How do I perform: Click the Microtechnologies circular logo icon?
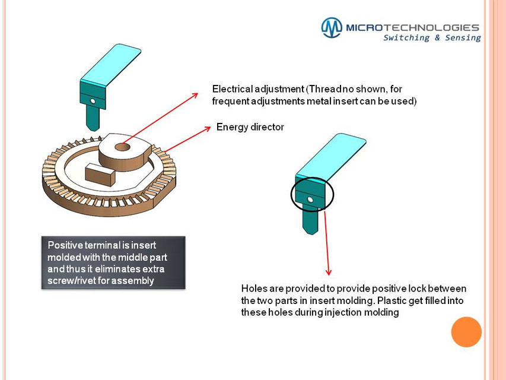332,28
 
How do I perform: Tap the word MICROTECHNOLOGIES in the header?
412,27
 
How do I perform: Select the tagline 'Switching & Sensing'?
431,38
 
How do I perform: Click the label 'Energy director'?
250,127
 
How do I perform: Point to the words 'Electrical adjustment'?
257,89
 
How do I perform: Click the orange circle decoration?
466,332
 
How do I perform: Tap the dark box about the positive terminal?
113,262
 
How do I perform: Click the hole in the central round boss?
123,146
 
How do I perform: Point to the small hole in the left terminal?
93,101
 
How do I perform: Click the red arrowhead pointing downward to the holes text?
327,271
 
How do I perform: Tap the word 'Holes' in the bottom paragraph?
254,289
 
